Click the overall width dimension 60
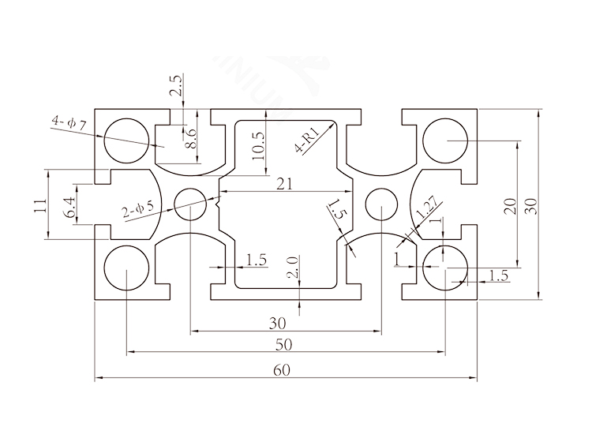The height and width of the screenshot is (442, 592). point(285,369)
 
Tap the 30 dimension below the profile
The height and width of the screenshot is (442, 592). point(277,323)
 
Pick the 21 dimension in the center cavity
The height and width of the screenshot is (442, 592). point(284,184)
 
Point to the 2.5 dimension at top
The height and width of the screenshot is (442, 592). point(176,86)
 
